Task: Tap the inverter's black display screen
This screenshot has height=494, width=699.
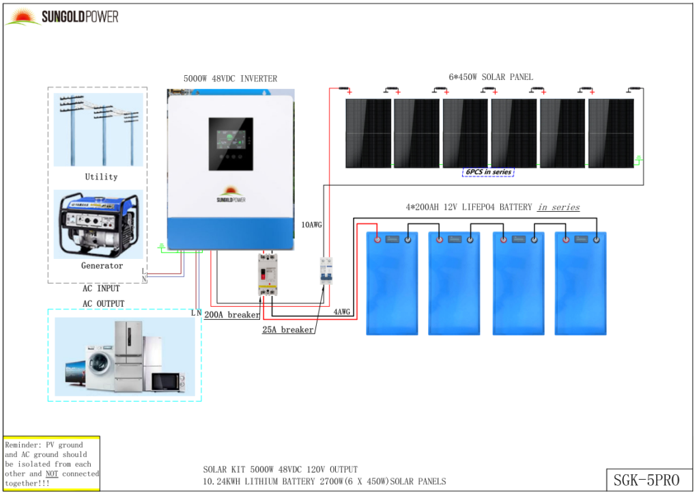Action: pos(231,143)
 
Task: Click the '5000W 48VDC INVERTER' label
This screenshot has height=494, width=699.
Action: pos(230,79)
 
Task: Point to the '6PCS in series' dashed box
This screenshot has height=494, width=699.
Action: pos(488,171)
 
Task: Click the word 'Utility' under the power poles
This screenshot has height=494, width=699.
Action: pos(101,177)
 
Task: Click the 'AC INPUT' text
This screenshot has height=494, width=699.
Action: pos(101,289)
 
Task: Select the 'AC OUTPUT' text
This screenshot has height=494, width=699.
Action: pos(103,304)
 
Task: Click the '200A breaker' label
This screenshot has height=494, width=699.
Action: pos(232,315)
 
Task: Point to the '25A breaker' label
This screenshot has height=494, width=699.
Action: pos(288,330)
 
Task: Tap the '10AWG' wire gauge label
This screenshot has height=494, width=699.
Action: pos(312,224)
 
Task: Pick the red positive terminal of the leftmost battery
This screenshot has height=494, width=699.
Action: pos(376,239)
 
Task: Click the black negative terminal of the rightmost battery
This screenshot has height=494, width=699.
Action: pos(597,239)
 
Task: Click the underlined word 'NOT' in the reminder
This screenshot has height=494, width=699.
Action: pos(52,474)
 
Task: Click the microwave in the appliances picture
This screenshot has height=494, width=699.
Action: pos(167,382)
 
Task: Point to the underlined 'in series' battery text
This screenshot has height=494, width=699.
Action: pos(558,207)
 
